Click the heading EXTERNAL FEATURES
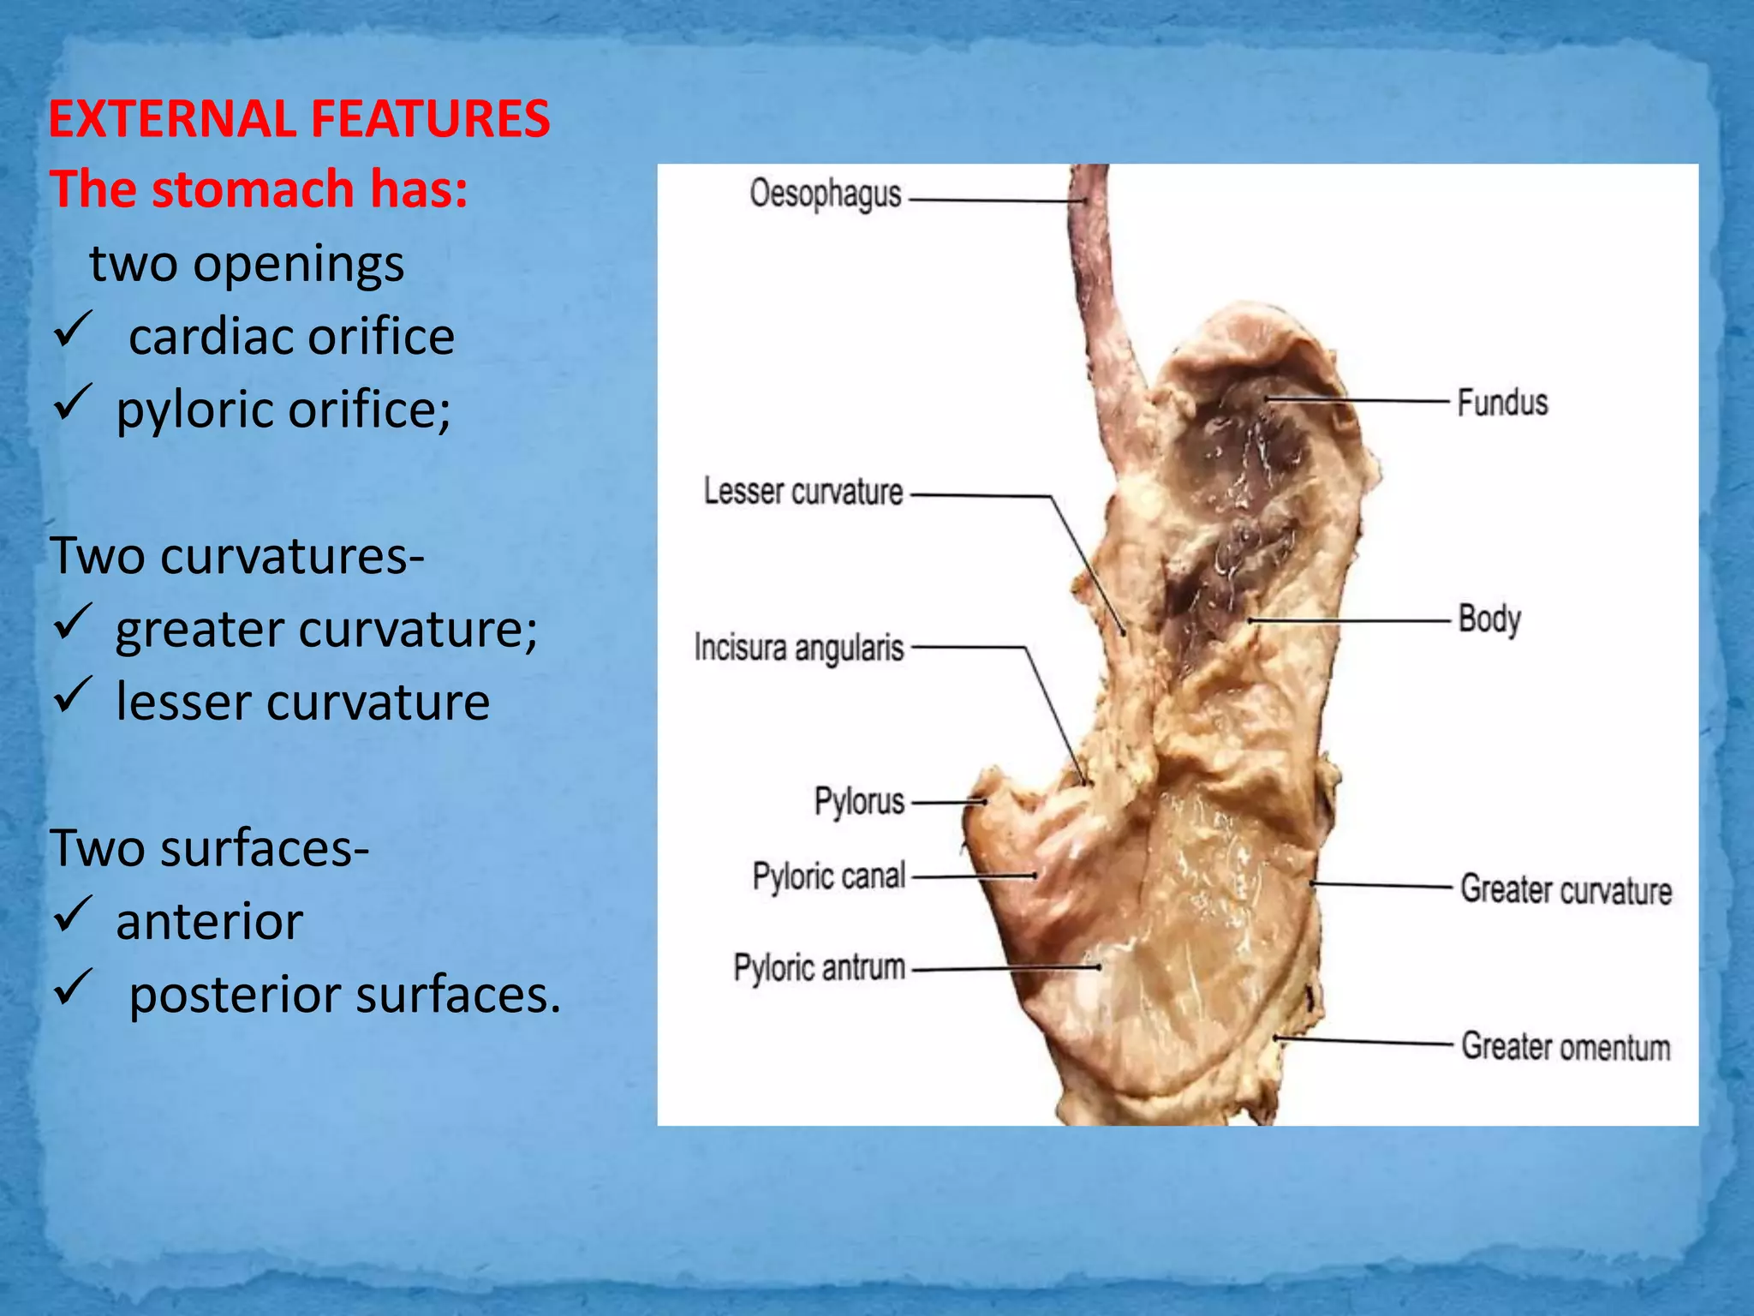(x=299, y=118)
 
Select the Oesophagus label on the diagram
(x=825, y=194)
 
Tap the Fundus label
(x=1502, y=402)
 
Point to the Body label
(x=1489, y=619)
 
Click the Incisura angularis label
(x=798, y=648)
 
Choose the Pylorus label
(x=859, y=802)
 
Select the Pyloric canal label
(x=828, y=876)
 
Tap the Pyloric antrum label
(x=819, y=968)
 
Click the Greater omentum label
(x=1565, y=1046)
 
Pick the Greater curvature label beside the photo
(x=1566, y=889)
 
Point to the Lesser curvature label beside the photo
(x=802, y=492)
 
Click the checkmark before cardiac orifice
(x=73, y=331)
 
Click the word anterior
(x=209, y=922)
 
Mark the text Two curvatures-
(x=237, y=556)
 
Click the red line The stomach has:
(x=259, y=189)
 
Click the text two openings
(x=247, y=264)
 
